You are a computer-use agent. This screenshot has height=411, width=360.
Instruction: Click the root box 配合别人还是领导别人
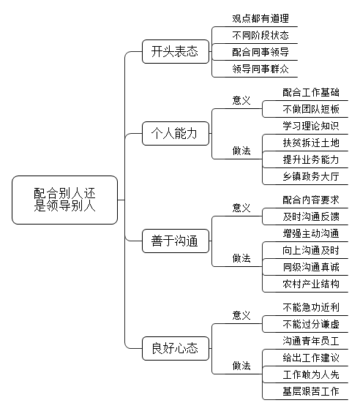coord(64,200)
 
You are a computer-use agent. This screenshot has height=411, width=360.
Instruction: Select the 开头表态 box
coord(176,51)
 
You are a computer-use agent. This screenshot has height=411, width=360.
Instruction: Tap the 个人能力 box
coord(176,133)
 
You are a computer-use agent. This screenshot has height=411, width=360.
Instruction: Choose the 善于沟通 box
coord(176,241)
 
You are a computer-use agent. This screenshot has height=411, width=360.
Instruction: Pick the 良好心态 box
coord(176,348)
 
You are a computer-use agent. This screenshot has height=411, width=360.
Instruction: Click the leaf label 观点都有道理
coord(260,18)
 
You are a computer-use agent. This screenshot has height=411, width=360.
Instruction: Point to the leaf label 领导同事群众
coord(260,69)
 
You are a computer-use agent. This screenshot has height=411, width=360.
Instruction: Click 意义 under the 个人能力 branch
coord(241,100)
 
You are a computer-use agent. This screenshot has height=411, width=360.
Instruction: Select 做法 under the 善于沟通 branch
coord(241,258)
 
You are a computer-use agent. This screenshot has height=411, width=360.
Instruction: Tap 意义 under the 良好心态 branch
coord(241,315)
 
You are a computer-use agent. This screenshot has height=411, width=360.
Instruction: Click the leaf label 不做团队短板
coord(311,109)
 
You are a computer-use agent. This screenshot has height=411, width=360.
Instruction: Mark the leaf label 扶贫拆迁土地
coord(311,143)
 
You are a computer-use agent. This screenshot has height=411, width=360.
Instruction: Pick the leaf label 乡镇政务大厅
coord(311,176)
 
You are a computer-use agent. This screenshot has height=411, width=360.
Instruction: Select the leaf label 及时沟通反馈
coord(311,216)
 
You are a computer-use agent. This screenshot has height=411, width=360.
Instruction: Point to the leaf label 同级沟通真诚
coord(311,267)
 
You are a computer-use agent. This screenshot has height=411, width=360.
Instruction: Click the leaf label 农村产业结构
coord(311,284)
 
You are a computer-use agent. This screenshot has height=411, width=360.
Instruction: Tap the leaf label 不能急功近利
coord(311,307)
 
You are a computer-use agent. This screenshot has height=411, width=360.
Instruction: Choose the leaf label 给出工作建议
coord(311,358)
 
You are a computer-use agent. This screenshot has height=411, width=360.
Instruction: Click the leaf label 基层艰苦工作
coord(311,391)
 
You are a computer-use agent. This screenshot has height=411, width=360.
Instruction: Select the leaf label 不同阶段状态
coord(260,35)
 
